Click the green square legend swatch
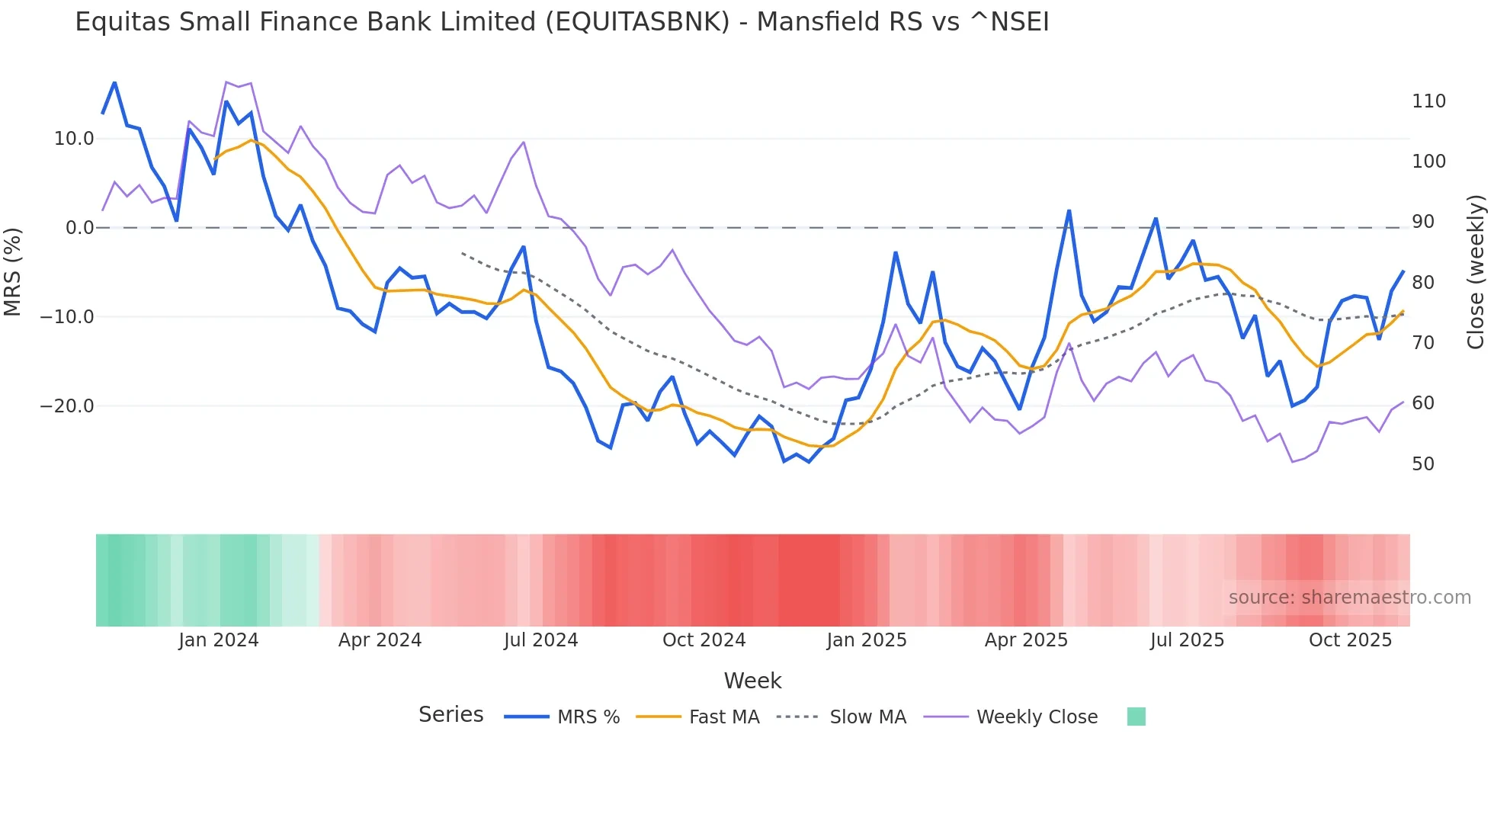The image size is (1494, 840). [x=1136, y=717]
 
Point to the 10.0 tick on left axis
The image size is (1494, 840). [x=73, y=139]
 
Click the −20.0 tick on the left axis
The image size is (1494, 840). [x=67, y=406]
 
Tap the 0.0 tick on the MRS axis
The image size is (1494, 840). [x=79, y=228]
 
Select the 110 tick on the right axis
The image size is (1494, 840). [x=1428, y=101]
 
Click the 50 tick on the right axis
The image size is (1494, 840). [x=1423, y=464]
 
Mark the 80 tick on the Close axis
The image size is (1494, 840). [x=1423, y=283]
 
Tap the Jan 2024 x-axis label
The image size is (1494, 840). [x=219, y=640]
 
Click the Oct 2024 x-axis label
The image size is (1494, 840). [x=704, y=640]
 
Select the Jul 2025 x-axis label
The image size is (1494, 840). [x=1187, y=640]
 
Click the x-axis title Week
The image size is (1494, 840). [x=752, y=681]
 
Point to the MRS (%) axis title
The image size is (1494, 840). [x=12, y=271]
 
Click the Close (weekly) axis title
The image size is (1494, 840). [x=1476, y=271]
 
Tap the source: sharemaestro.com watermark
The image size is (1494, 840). [x=1349, y=598]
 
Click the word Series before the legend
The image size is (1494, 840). [x=450, y=715]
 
